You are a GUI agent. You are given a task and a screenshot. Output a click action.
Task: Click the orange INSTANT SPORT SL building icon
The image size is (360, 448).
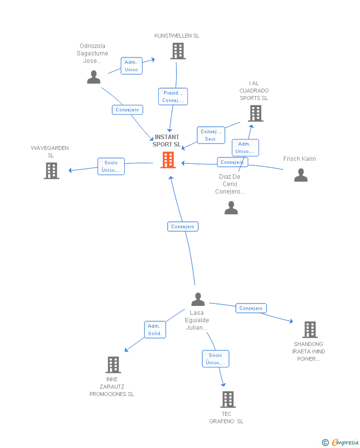pyautogui.click(x=168, y=160)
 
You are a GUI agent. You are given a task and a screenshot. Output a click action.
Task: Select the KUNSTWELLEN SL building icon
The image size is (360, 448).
pyautogui.click(x=178, y=51)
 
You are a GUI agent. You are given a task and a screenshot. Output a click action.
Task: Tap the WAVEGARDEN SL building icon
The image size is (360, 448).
pyautogui.click(x=51, y=171)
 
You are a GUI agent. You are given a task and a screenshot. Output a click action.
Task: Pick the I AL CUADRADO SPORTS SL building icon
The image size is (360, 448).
pyautogui.click(x=255, y=113)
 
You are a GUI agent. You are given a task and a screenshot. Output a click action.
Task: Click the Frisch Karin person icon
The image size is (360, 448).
pyautogui.click(x=301, y=175)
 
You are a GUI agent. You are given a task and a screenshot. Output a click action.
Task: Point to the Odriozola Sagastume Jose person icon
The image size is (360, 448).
pyautogui.click(x=93, y=77)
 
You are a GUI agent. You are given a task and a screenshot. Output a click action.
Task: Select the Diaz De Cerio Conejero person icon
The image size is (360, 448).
pyautogui.click(x=231, y=208)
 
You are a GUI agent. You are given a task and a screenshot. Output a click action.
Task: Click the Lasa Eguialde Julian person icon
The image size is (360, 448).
pyautogui.click(x=198, y=299)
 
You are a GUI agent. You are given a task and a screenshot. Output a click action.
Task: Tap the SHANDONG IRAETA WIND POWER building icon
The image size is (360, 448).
pyautogui.click(x=310, y=330)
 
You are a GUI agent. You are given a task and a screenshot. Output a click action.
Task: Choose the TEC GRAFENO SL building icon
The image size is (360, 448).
pyautogui.click(x=227, y=399)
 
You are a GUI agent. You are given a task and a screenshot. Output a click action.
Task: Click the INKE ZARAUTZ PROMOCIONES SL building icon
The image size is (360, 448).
pyautogui.click(x=113, y=365)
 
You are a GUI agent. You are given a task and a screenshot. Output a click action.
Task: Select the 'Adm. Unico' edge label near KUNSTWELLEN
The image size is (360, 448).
pyautogui.click(x=131, y=66)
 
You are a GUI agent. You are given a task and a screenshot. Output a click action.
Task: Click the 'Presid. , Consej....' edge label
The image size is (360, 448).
pyautogui.click(x=173, y=97)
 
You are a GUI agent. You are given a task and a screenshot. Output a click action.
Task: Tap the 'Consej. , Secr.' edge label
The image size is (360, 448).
pyautogui.click(x=211, y=135)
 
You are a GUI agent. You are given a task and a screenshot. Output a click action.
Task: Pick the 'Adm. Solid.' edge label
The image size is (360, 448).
pyautogui.click(x=155, y=330)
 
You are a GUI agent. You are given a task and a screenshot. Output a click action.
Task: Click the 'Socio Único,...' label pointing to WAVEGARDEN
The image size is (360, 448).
pyautogui.click(x=111, y=166)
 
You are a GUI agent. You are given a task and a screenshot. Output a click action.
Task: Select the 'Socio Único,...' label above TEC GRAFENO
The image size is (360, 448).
pyautogui.click(x=215, y=359)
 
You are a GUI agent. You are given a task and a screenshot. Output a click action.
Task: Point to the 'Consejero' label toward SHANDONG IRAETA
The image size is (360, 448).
pyautogui.click(x=251, y=308)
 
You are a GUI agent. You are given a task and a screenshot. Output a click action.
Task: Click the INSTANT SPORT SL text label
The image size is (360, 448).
pyautogui.click(x=167, y=141)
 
